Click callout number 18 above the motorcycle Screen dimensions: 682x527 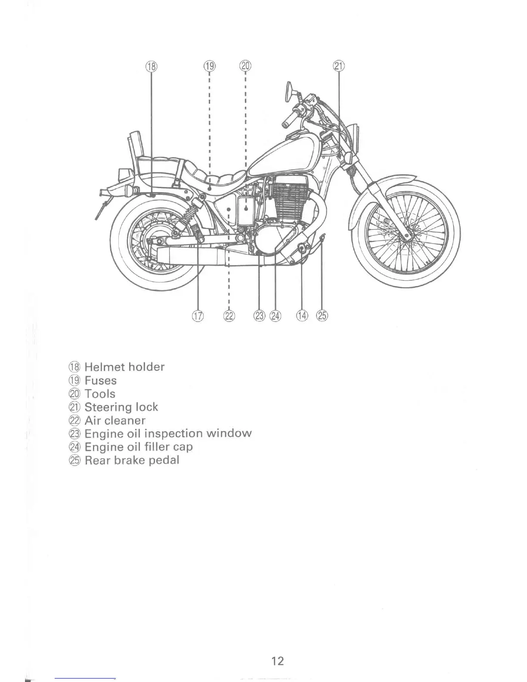click(152, 66)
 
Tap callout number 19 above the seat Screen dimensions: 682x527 click(209, 66)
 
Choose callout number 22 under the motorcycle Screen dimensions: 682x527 click(229, 316)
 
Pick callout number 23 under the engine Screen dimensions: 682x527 click(260, 316)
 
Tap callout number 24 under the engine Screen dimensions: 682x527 click(275, 316)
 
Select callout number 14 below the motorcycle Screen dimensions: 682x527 click(302, 316)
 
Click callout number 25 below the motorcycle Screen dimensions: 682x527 click(322, 316)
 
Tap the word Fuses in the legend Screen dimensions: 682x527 click(100, 381)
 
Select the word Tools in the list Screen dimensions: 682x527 click(100, 394)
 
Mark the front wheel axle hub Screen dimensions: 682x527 click(406, 236)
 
